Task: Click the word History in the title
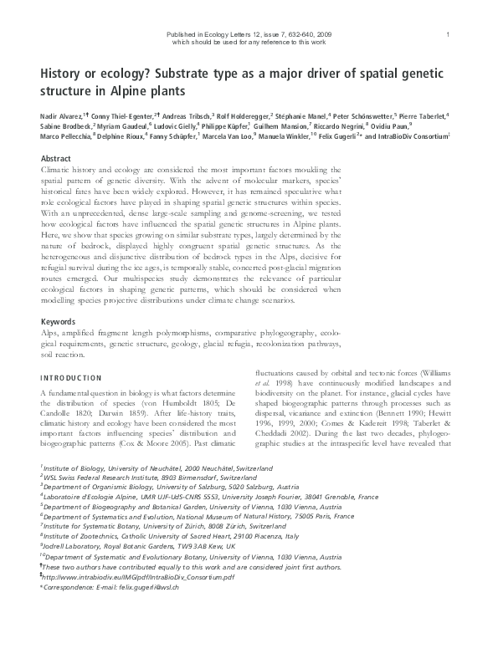click(61, 74)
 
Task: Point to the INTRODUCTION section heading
click(72, 378)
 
